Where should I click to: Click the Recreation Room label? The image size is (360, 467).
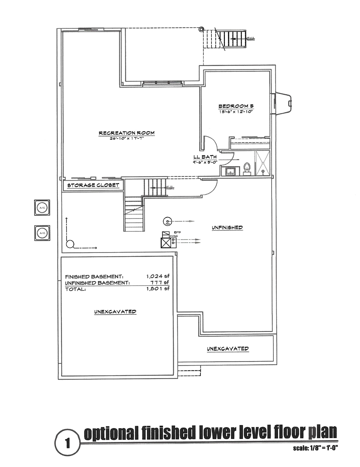127,133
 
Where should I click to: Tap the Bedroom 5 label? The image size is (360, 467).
236,106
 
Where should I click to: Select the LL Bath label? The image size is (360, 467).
205,157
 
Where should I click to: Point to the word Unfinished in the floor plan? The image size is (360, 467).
227,227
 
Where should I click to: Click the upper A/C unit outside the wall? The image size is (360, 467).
42,208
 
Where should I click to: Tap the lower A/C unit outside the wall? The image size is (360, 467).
42,233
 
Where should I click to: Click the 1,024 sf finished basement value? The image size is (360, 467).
157,277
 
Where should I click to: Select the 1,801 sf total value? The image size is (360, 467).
157,288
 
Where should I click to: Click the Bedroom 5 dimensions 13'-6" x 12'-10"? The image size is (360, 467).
236,112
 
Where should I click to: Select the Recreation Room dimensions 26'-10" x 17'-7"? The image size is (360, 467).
127,138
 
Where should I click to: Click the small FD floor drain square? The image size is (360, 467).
175,233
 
